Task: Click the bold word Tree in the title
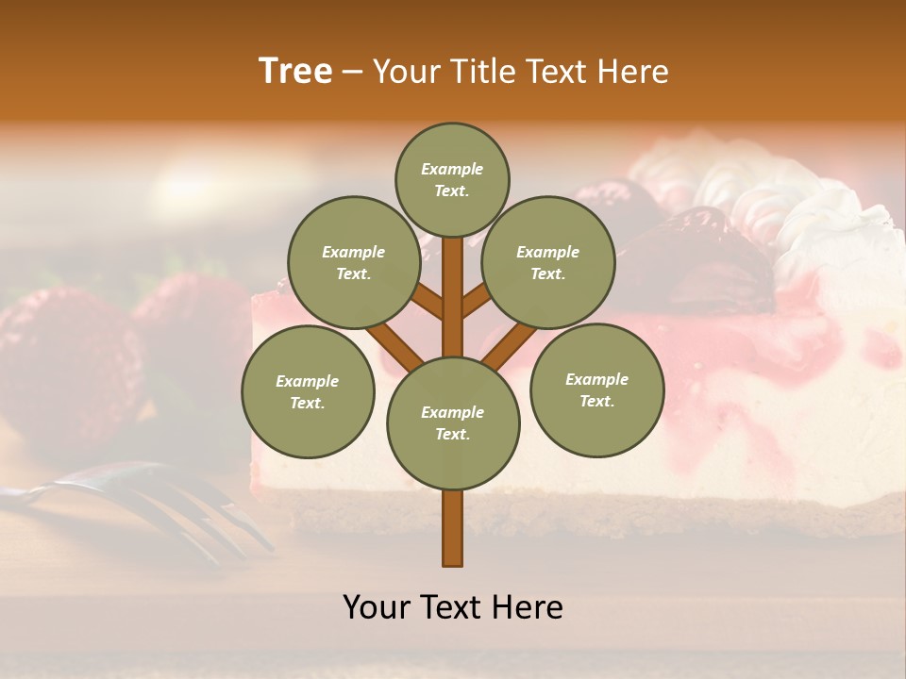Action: click(x=295, y=72)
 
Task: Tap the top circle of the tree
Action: click(x=452, y=179)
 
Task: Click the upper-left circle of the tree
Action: click(x=354, y=262)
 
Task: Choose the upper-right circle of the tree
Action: click(x=548, y=262)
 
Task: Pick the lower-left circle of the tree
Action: click(x=308, y=391)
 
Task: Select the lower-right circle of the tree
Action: click(x=596, y=389)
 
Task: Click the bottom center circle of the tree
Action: click(x=453, y=422)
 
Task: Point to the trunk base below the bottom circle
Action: click(x=453, y=533)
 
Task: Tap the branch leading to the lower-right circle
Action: click(x=511, y=344)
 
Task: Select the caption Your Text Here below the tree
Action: click(x=453, y=607)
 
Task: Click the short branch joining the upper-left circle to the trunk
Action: click(x=428, y=302)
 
